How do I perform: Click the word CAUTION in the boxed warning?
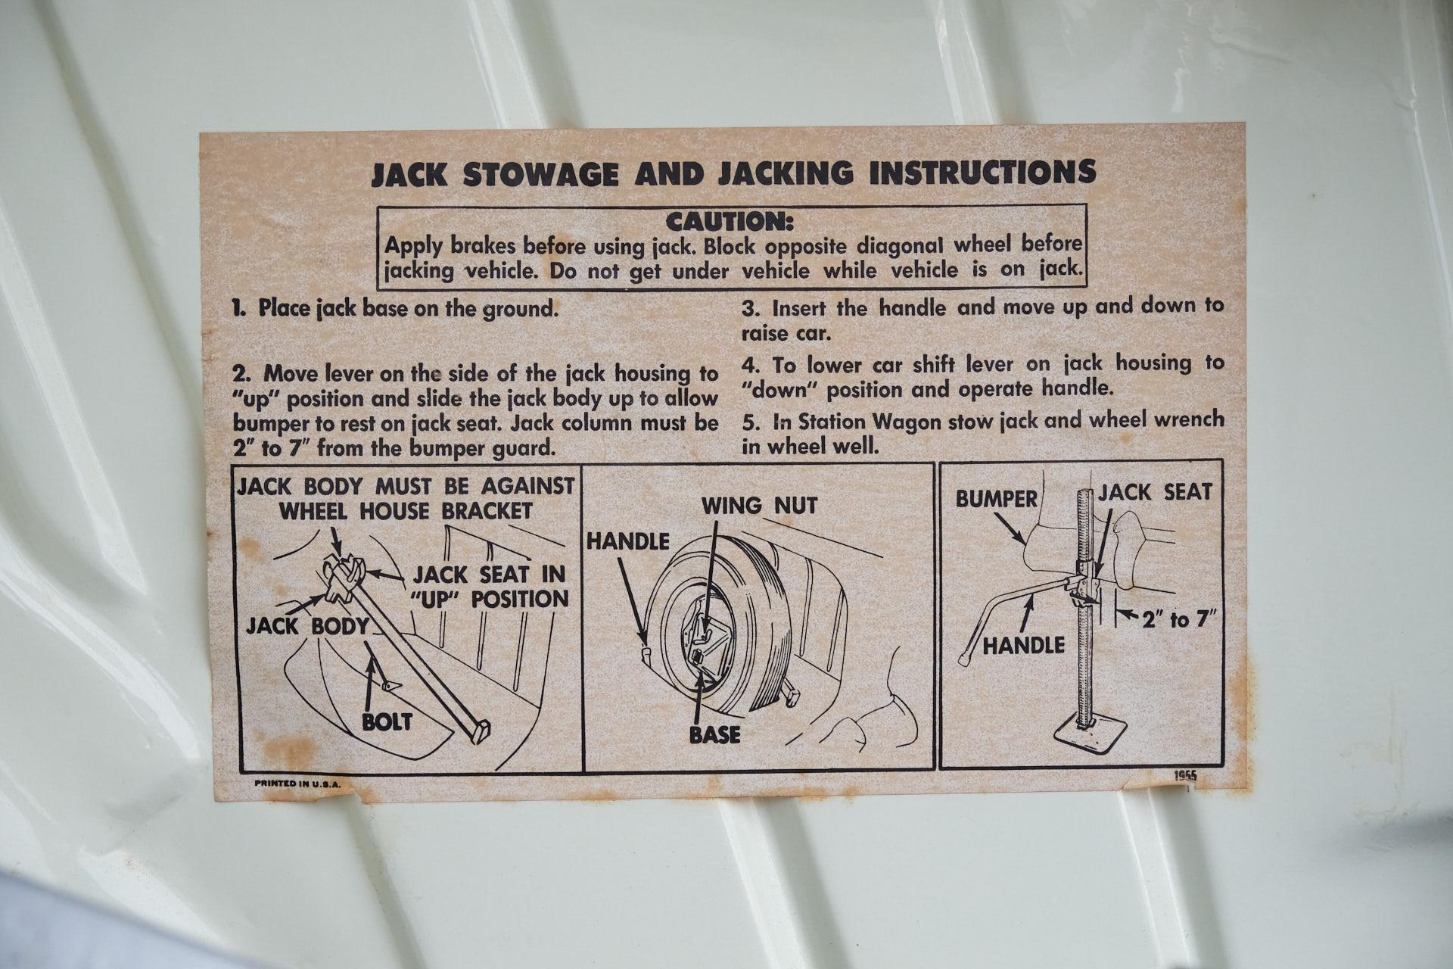pos(730,222)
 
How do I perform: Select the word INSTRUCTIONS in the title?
pos(983,173)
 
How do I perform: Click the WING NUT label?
pos(759,506)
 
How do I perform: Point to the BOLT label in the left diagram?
pos(387,721)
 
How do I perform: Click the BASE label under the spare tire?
pos(715,734)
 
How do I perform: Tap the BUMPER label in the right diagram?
pos(996,499)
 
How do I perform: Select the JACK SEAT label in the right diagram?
pos(1155,493)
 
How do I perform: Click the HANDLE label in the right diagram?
pos(1024,645)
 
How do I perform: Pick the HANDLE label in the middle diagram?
pos(628,541)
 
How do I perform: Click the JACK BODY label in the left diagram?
pos(307,626)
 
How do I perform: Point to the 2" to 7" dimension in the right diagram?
pos(1178,620)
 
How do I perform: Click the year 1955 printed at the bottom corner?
pos(1186,775)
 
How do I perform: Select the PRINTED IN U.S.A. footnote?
pos(297,784)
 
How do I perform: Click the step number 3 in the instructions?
pos(751,309)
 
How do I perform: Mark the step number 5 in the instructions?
pos(751,421)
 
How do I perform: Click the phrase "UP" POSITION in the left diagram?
pos(489,599)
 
